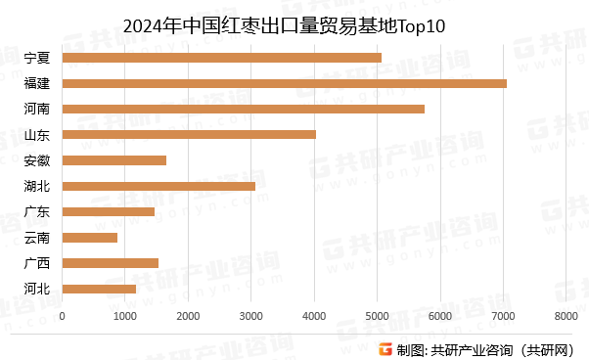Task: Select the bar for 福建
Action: (284, 83)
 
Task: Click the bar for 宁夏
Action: (221, 58)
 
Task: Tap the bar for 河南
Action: (243, 109)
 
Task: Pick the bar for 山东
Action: (189, 134)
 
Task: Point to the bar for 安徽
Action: (113, 160)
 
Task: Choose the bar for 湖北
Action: (159, 186)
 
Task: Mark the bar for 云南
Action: (89, 237)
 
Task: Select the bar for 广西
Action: (110, 262)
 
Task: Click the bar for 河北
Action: (99, 289)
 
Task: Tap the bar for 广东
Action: (108, 211)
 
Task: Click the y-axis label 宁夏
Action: (37, 58)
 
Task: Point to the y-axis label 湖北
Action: (37, 186)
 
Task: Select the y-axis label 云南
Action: (37, 237)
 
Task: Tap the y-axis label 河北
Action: (37, 289)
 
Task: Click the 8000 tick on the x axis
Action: (566, 316)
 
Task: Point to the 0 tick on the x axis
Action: (62, 316)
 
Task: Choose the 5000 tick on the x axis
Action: (377, 316)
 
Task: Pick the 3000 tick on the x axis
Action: (250, 316)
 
